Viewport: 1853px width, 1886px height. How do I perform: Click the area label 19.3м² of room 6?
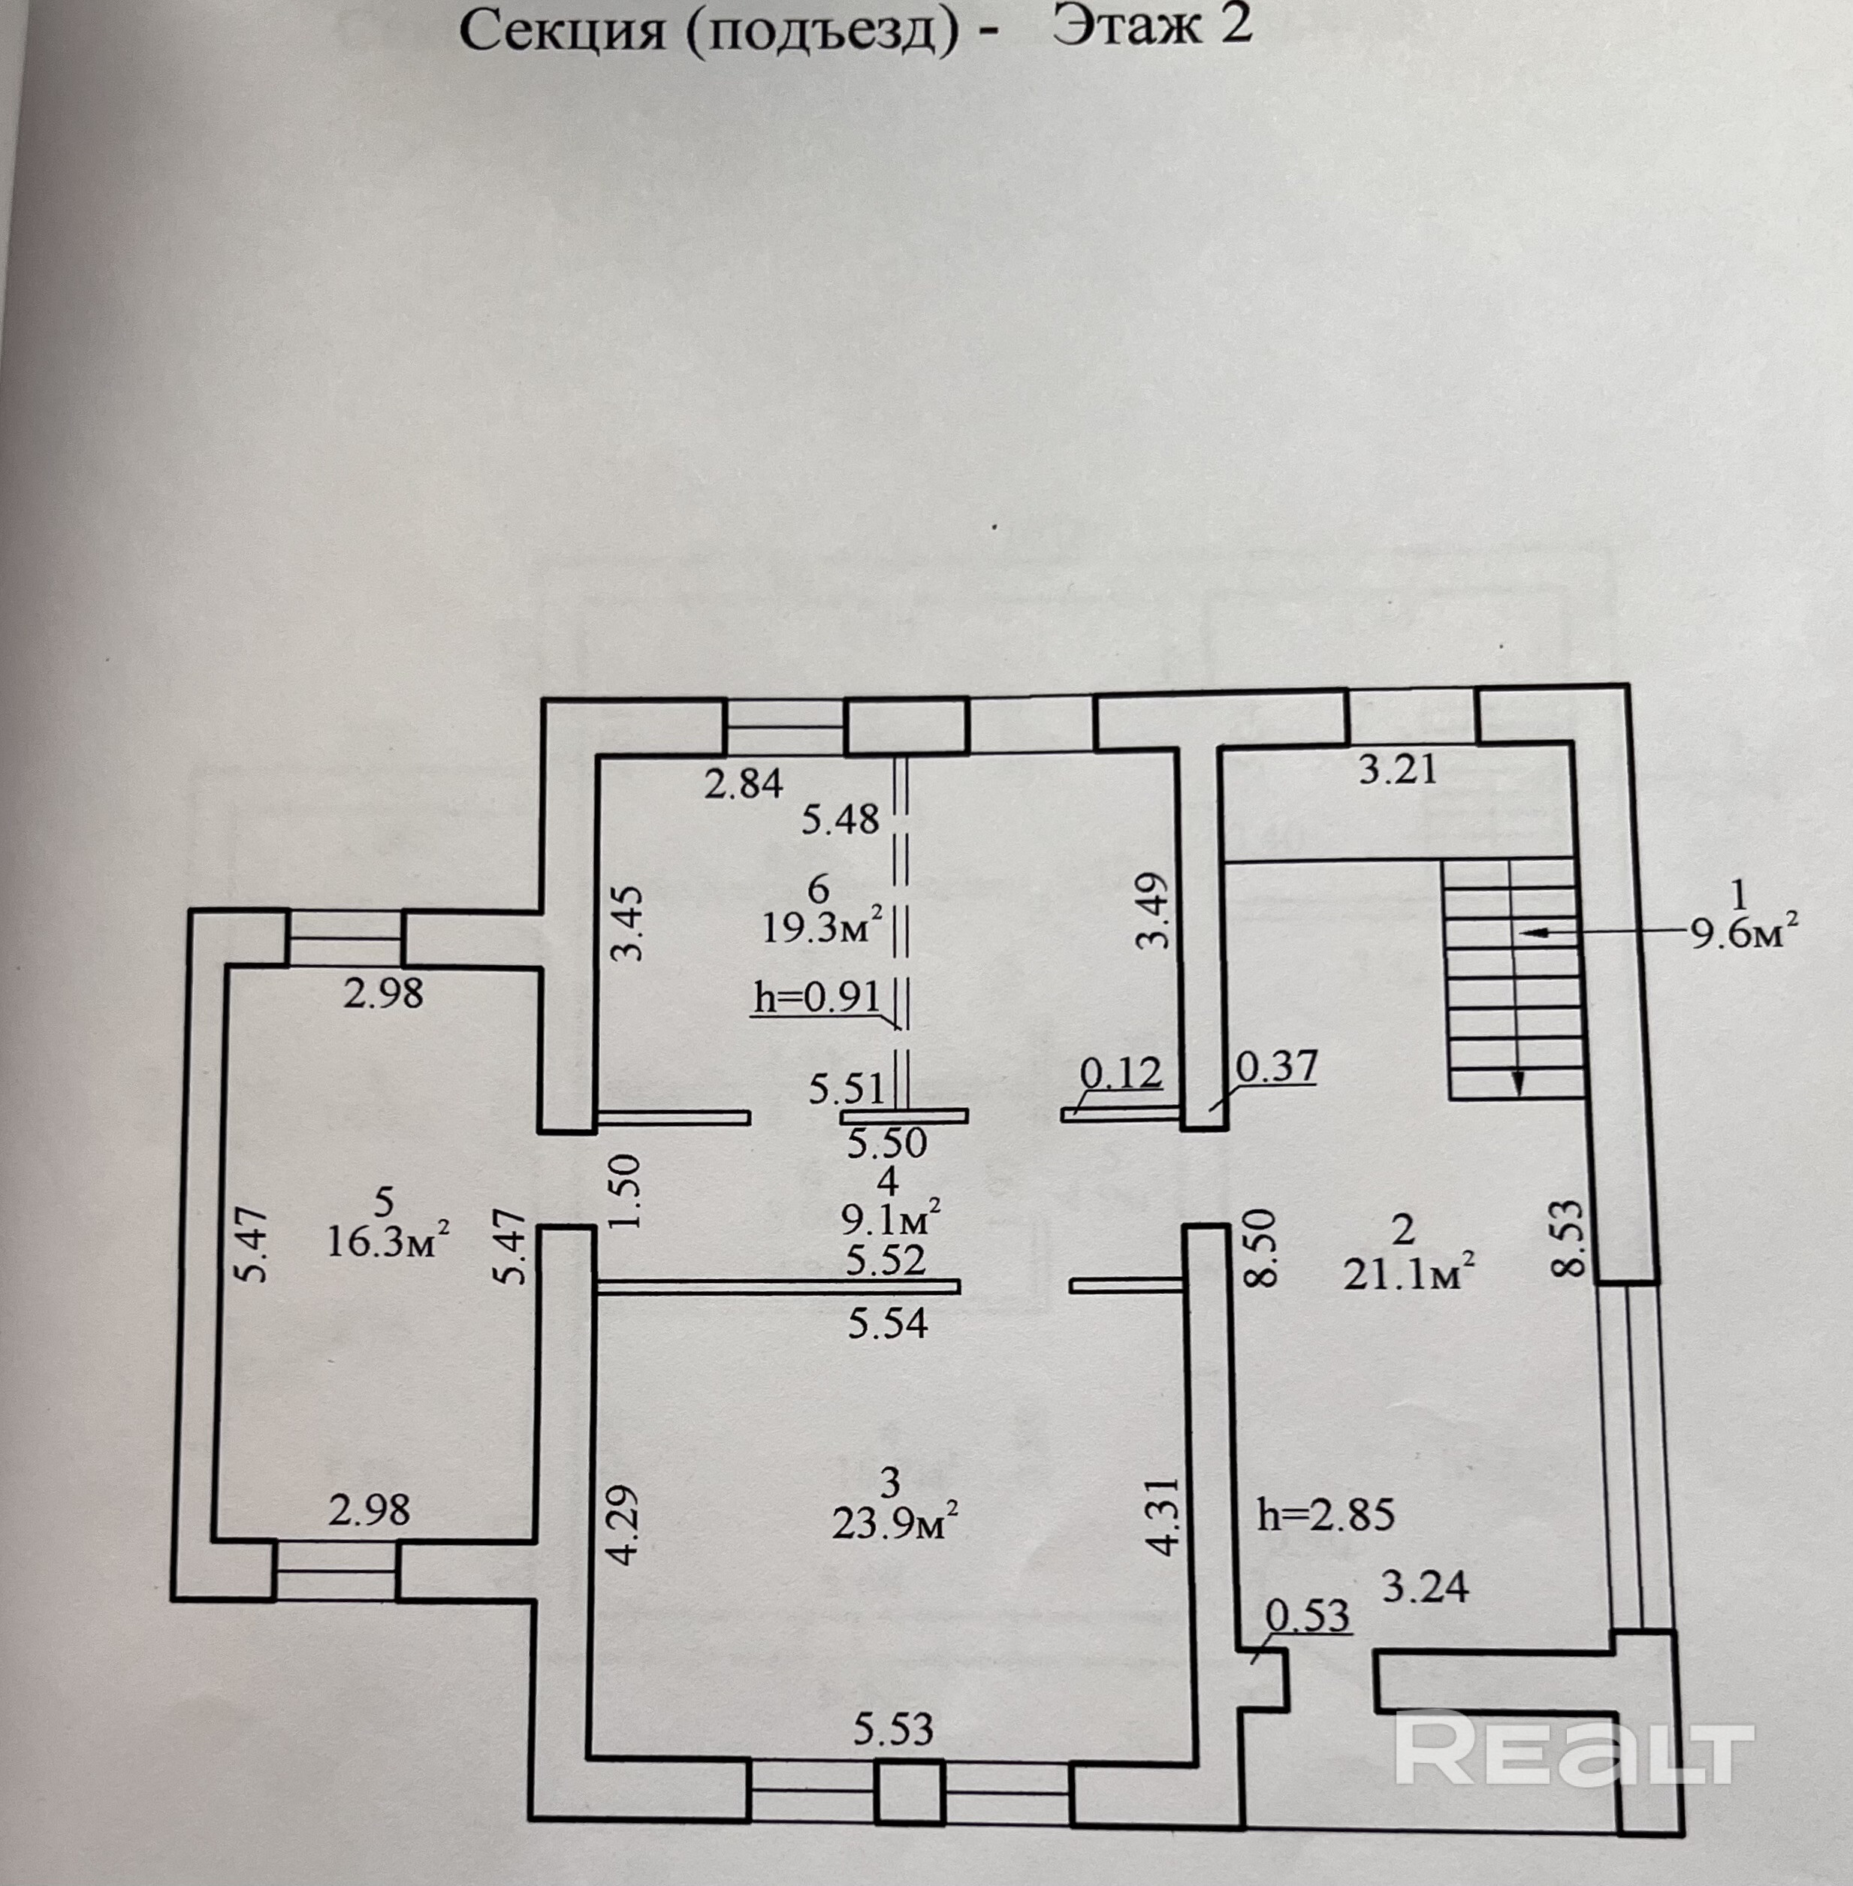pyautogui.click(x=822, y=926)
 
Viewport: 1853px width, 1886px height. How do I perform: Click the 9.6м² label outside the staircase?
pyautogui.click(x=1742, y=932)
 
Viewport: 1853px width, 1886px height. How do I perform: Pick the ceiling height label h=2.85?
pyautogui.click(x=1326, y=1515)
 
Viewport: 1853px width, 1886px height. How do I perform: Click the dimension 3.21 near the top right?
pyautogui.click(x=1398, y=770)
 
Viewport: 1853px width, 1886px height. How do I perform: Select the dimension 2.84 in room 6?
pyautogui.click(x=744, y=783)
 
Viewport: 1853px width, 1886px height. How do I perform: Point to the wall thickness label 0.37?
pyautogui.click(x=1277, y=1067)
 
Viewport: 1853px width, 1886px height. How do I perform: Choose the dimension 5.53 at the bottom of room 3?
pyautogui.click(x=893, y=1729)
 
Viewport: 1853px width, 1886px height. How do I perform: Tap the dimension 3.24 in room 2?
pyautogui.click(x=1426, y=1587)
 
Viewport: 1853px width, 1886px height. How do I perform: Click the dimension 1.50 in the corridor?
pyautogui.click(x=629, y=1191)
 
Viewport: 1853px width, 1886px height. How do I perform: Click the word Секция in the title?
pyautogui.click(x=563, y=31)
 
